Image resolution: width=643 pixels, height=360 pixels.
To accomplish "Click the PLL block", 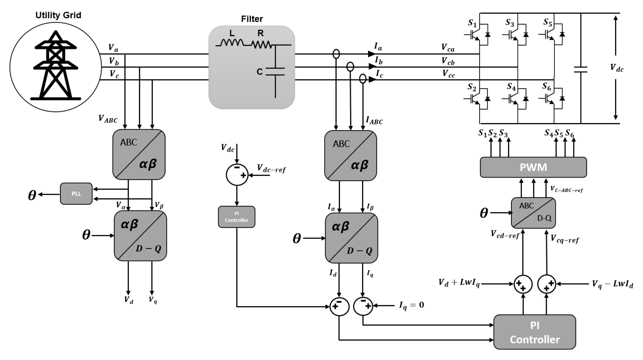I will pyautogui.click(x=76, y=193).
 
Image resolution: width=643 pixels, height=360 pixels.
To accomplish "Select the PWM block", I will pyautogui.click(x=533, y=167).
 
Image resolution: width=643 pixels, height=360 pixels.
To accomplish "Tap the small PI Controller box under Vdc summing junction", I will pyautogui.click(x=236, y=217).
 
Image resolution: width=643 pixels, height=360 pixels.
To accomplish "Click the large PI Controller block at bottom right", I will pyautogui.click(x=534, y=332).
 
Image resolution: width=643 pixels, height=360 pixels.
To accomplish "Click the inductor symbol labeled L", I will pyautogui.click(x=232, y=43).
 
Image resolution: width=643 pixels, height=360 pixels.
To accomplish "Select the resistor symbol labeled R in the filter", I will pyautogui.click(x=261, y=44).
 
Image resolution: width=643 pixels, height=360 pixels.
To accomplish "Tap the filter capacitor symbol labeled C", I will pyautogui.click(x=275, y=71).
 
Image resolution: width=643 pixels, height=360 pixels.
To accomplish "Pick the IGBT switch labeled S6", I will pyautogui.click(x=551, y=99).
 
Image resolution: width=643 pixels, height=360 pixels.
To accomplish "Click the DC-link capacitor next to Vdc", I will pyautogui.click(x=580, y=70).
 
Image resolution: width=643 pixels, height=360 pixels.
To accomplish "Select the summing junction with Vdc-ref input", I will pyautogui.click(x=237, y=175).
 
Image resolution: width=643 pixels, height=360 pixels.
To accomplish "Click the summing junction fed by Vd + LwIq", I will pyautogui.click(x=523, y=284).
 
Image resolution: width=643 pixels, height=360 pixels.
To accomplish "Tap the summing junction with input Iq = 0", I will pyautogui.click(x=363, y=306).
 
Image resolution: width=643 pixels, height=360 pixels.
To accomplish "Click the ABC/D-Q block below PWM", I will pyautogui.click(x=533, y=213).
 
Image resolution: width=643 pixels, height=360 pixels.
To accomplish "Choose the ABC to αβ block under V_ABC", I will pyautogui.click(x=139, y=154).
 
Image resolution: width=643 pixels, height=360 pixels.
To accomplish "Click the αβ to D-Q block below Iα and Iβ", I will pyautogui.click(x=351, y=238).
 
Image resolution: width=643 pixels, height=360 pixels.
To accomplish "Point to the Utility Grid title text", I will pyautogui.click(x=58, y=15).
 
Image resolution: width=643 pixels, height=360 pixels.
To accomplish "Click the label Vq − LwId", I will pyautogui.click(x=612, y=284).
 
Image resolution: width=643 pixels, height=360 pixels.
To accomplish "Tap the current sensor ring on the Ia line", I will pyautogui.click(x=336, y=54).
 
